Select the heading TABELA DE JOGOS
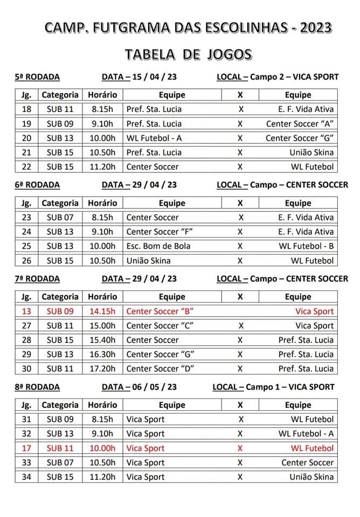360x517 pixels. [188, 54]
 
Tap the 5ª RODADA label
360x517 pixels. [37, 76]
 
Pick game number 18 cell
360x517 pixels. [26, 109]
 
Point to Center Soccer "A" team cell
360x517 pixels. [300, 124]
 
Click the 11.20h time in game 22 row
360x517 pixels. [103, 167]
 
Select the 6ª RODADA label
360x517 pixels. [37, 185]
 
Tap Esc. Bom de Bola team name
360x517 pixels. [158, 247]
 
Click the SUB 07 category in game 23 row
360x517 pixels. [60, 218]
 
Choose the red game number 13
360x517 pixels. [26, 311]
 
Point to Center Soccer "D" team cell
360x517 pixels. [160, 369]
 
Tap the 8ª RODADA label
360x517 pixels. [37, 387]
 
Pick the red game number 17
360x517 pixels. [26, 448]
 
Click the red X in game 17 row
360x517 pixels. [240, 448]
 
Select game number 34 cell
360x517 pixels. [26, 477]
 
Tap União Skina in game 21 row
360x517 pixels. [311, 152]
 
